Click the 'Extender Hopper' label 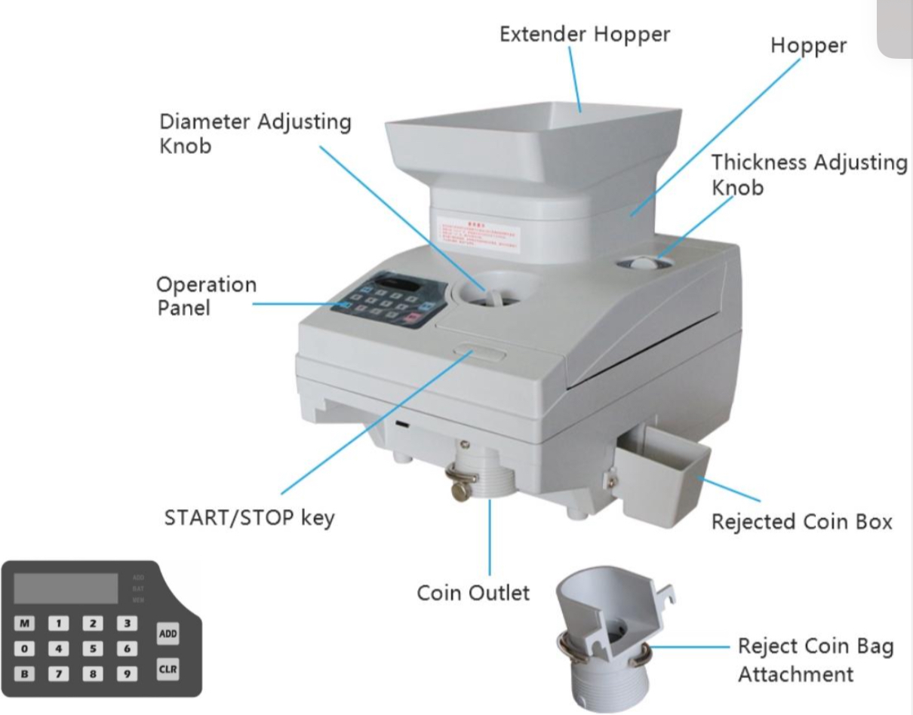(x=585, y=34)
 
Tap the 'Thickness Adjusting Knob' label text (x=809, y=174)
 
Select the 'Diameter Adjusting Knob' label (x=255, y=133)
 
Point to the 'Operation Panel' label (x=206, y=296)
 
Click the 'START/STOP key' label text (x=249, y=518)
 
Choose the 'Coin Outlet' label (x=473, y=593)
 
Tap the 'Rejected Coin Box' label (x=801, y=522)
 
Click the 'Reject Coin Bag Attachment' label (x=815, y=660)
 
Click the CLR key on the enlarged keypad (x=168, y=669)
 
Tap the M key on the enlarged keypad (x=25, y=624)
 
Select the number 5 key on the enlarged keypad (x=93, y=648)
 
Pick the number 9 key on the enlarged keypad (x=128, y=673)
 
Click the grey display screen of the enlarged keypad (x=66, y=588)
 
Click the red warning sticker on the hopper (x=479, y=232)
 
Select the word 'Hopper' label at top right (x=808, y=45)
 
